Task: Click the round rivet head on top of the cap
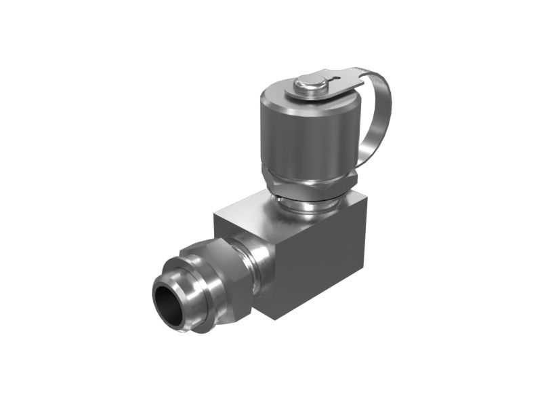308,85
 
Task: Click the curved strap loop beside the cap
379,109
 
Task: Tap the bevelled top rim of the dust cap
271,95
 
